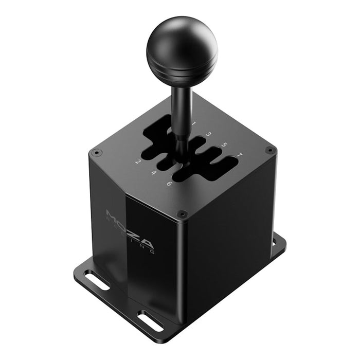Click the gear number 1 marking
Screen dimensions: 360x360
(194, 123)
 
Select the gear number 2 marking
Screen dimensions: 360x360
(138, 162)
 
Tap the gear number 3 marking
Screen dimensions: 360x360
(209, 134)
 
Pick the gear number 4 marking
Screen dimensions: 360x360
(153, 173)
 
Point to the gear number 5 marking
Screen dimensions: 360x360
(224, 145)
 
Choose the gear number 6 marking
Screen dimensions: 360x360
(169, 184)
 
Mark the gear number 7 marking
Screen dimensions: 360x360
(239, 155)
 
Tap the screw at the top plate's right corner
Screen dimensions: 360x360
(269, 150)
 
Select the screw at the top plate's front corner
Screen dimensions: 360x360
(181, 213)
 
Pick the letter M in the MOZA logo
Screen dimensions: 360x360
(112, 214)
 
